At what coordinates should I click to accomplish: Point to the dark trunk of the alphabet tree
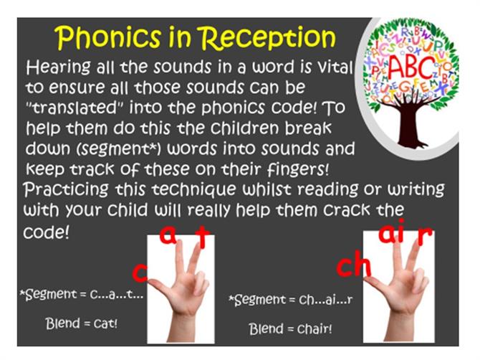[x=410, y=123]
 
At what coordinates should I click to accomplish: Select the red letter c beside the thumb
[x=140, y=273]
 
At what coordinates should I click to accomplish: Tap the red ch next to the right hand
[x=354, y=266]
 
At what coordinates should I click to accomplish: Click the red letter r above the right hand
[x=425, y=236]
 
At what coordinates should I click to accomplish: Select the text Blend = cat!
[x=82, y=323]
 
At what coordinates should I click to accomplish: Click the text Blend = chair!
[x=290, y=329]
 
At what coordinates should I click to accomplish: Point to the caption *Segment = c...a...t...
[x=82, y=295]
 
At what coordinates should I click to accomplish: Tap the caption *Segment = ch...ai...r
[x=291, y=299]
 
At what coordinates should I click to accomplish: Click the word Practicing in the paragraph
[x=66, y=189]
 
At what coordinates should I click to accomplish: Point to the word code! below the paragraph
[x=47, y=232]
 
